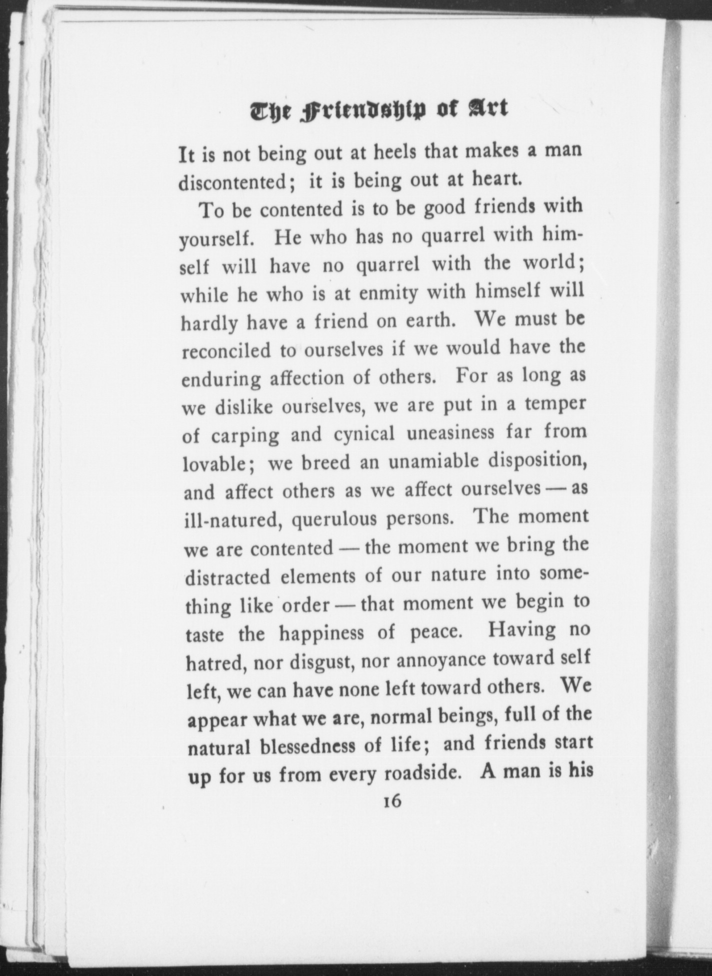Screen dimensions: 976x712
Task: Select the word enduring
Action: tap(221, 380)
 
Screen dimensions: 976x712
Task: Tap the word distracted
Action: tap(227, 578)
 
